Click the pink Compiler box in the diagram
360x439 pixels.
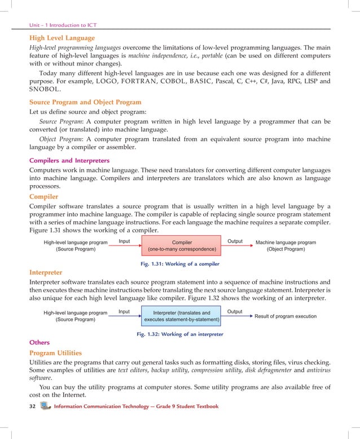tap(182, 245)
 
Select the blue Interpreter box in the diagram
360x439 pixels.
tap(181, 316)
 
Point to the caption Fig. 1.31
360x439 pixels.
tap(179, 264)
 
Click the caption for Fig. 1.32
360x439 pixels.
tap(179, 334)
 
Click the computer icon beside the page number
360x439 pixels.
tap(46, 406)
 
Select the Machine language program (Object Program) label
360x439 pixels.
tap(286, 245)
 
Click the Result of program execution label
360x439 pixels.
tap(285, 316)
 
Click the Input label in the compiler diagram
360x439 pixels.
tap(124, 242)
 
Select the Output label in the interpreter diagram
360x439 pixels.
tap(234, 311)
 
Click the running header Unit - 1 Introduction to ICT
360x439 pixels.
tap(67, 25)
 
